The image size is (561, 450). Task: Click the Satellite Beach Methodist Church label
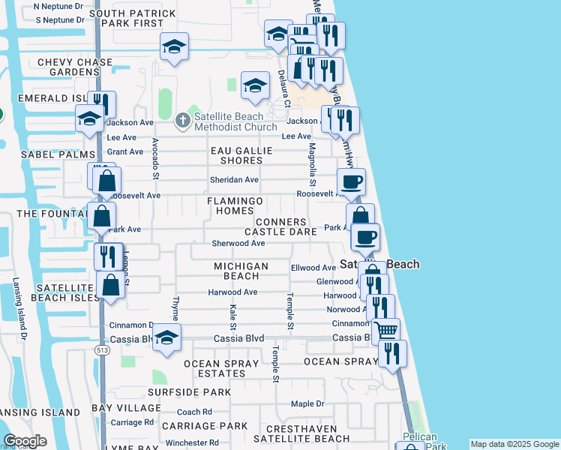click(228, 121)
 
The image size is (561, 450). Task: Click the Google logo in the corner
click(25, 440)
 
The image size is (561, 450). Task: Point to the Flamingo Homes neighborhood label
click(235, 205)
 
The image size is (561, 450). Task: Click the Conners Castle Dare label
click(281, 227)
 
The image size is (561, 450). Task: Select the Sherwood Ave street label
click(238, 244)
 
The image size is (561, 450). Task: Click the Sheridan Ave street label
click(234, 180)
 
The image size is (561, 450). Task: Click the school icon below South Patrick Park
click(174, 47)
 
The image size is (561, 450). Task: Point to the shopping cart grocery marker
click(385, 329)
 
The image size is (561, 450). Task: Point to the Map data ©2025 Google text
click(514, 444)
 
